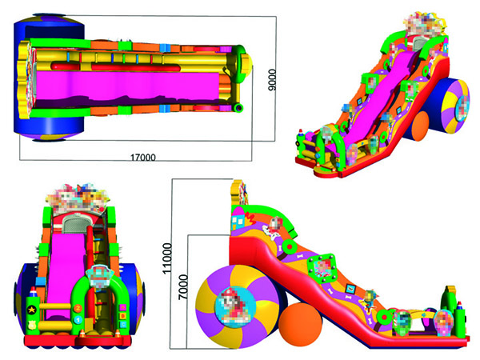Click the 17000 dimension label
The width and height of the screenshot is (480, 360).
(x=143, y=158)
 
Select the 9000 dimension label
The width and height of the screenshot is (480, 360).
(x=272, y=80)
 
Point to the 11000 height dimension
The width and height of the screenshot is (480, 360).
(x=167, y=258)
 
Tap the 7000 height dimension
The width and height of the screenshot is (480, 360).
(x=182, y=287)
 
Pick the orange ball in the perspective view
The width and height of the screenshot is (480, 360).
(x=419, y=126)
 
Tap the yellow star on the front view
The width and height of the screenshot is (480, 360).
(x=31, y=310)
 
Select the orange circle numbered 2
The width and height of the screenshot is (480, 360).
(x=78, y=308)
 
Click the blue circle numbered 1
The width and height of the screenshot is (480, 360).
(x=78, y=320)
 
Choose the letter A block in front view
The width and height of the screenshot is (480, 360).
(x=123, y=307)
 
